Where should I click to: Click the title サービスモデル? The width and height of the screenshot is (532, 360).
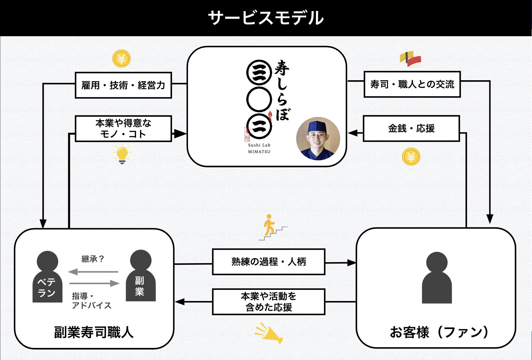(x=266, y=18)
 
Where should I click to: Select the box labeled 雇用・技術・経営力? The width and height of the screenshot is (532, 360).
(x=123, y=85)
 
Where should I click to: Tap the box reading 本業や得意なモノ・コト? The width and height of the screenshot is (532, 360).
(x=123, y=128)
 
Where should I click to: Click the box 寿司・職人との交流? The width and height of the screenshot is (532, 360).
(x=412, y=84)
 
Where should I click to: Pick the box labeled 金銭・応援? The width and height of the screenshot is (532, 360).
(x=411, y=128)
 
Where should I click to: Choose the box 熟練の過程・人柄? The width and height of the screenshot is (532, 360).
(x=269, y=262)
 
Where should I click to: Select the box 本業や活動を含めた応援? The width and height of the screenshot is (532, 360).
(x=269, y=302)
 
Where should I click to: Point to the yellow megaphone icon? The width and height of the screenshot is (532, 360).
(x=268, y=333)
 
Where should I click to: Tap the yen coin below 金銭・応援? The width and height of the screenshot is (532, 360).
(x=411, y=157)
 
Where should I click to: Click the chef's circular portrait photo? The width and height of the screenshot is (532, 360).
(x=318, y=139)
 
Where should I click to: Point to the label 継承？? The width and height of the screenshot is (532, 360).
(x=93, y=259)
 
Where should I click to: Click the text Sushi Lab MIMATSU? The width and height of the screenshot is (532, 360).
(x=259, y=148)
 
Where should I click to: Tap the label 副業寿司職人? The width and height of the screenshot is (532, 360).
(x=94, y=333)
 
